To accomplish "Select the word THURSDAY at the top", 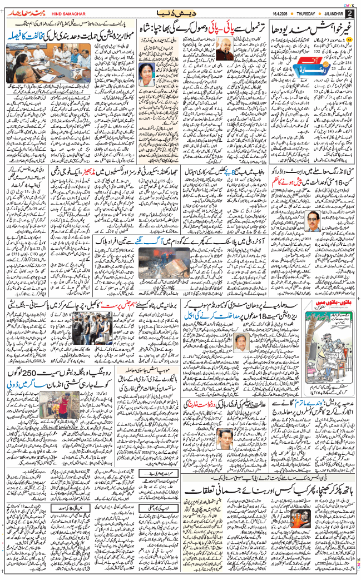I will pyautogui.click(x=316, y=13).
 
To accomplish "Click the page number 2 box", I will pyautogui.click(x=350, y=13).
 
